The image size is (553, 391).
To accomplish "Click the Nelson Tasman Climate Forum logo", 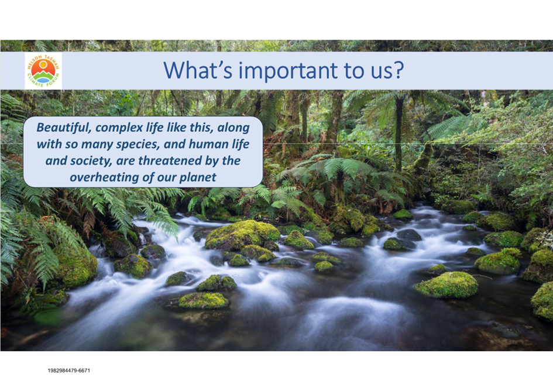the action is [43, 71].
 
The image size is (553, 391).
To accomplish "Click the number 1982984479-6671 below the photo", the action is [69, 371].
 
